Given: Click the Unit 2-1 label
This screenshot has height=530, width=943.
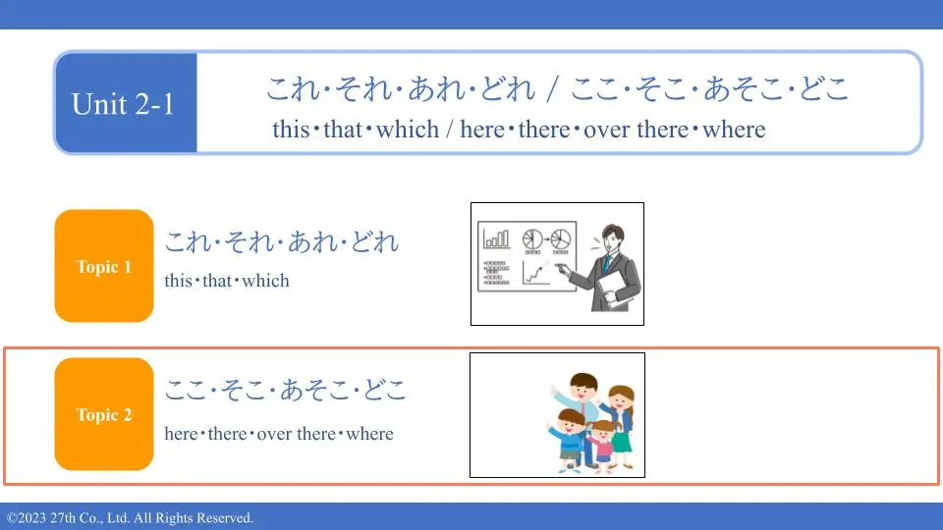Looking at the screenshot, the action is pos(123,104).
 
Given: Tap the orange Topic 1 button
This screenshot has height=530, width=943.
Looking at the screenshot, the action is pos(104,266).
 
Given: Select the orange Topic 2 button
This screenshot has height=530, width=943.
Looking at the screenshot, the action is pos(104,414).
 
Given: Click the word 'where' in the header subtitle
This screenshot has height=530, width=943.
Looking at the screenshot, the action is pos(734,130).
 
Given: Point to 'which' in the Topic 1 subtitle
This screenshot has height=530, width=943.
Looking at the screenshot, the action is pos(265,281).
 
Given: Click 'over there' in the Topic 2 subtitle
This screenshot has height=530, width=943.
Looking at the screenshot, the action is pos(297,434).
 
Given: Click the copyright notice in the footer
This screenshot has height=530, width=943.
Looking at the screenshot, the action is pos(130,518).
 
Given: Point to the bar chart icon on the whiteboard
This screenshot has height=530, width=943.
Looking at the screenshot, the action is pos(497,238).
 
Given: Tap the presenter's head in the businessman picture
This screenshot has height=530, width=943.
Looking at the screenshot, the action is pos(613,238).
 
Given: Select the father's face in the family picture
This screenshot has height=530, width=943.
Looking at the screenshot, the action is pos(583,389).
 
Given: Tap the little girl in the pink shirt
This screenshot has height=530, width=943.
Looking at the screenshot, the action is pos(602,444).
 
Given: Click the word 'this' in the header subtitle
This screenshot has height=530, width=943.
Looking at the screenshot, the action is pos(291,130).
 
